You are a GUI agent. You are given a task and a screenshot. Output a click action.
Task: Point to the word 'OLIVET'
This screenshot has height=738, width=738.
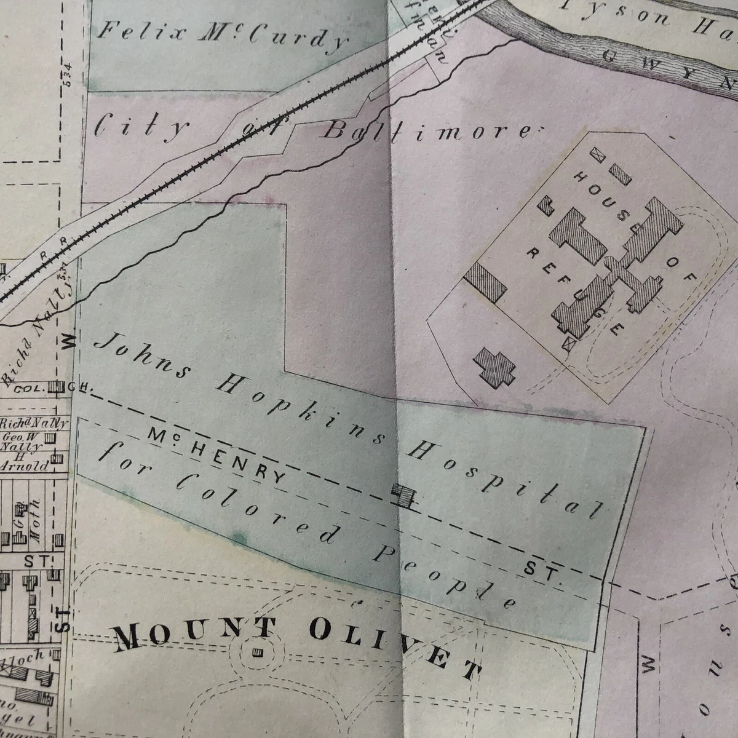394,649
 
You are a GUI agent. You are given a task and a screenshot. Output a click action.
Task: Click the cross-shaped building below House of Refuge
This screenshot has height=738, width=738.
494,367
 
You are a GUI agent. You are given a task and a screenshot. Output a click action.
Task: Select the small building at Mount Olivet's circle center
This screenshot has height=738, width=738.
257,651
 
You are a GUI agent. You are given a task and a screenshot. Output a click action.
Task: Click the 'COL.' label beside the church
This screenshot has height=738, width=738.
28,389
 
